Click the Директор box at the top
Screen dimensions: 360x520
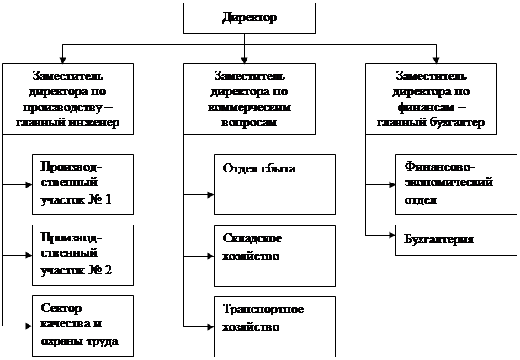(x=249, y=17)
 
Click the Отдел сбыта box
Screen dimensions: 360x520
(x=274, y=184)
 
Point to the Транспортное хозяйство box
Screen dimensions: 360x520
(x=274, y=324)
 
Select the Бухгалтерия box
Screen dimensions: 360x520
(x=455, y=240)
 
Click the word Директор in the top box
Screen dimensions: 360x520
(x=249, y=17)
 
